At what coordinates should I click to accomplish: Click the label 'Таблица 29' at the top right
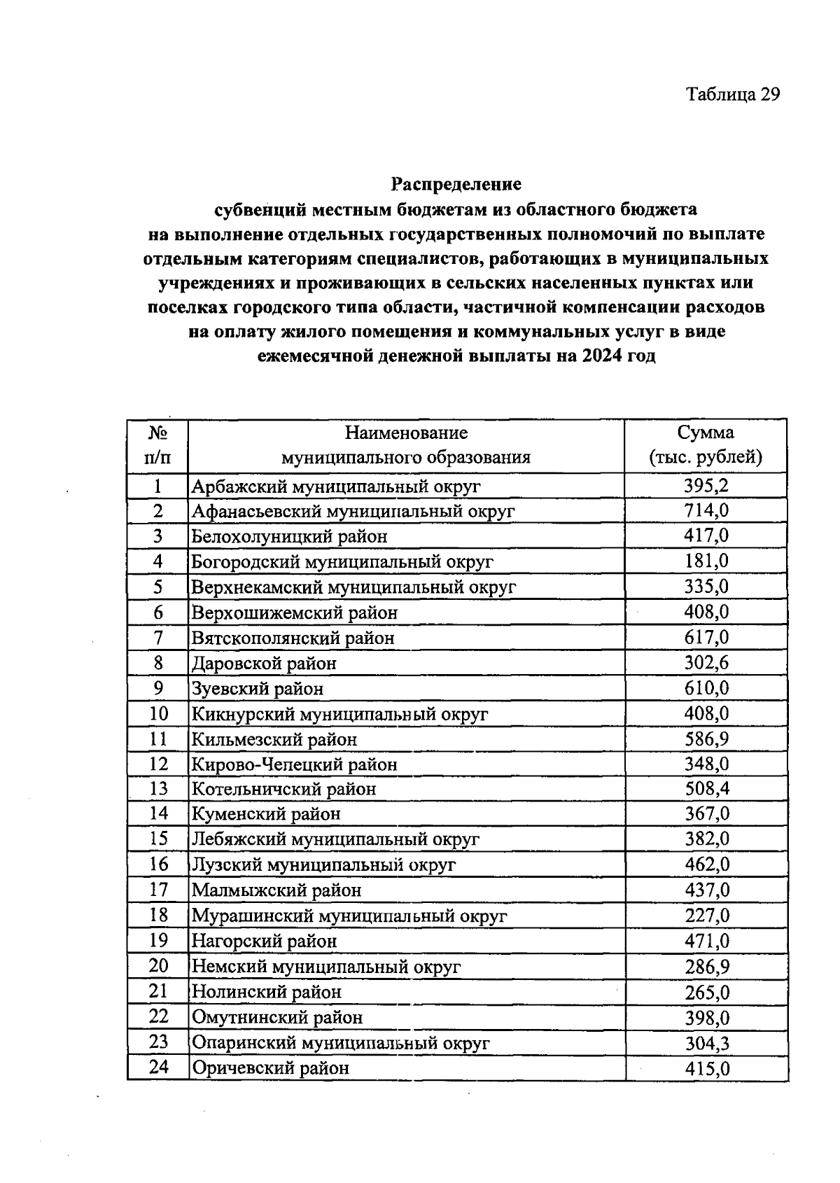[x=732, y=94]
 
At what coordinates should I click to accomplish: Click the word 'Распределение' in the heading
[x=456, y=184]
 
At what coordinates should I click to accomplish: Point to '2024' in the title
[x=599, y=356]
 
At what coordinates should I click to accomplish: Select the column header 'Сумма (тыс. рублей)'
[x=706, y=445]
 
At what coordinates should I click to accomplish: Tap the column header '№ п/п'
[x=157, y=445]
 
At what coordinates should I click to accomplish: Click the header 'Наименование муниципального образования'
[x=406, y=445]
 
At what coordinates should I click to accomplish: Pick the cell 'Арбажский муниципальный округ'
[x=336, y=486]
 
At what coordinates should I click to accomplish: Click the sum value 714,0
[x=706, y=511]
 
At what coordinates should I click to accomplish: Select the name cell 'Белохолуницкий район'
[x=290, y=537]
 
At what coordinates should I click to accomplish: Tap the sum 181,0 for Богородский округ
[x=706, y=561]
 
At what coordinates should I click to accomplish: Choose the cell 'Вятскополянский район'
[x=293, y=638]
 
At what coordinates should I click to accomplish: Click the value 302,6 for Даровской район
[x=706, y=663]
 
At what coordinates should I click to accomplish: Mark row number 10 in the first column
[x=159, y=714]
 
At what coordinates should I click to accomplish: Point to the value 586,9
[x=706, y=739]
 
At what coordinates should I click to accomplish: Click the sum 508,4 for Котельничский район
[x=706, y=790]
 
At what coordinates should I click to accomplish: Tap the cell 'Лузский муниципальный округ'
[x=323, y=865]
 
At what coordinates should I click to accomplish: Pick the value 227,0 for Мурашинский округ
[x=706, y=916]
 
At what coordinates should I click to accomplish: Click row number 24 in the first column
[x=159, y=1068]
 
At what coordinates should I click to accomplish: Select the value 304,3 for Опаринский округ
[x=706, y=1043]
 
